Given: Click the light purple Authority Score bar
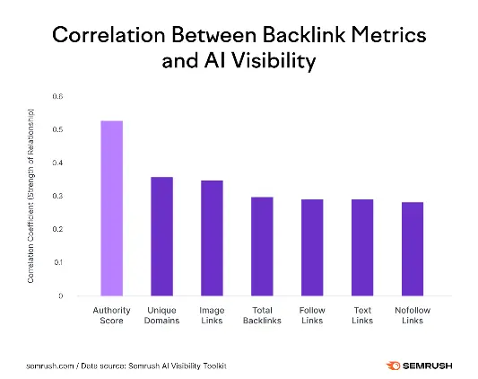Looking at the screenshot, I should click(111, 207).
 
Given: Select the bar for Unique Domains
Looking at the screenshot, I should click(161, 236).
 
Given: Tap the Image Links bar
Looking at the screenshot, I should click(212, 238).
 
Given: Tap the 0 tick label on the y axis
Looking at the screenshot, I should click(61, 295).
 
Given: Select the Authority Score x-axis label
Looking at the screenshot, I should click(111, 314).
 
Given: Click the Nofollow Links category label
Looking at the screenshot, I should click(413, 314).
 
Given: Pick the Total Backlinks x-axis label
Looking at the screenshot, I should click(262, 314).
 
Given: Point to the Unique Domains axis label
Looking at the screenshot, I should click(161, 314).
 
